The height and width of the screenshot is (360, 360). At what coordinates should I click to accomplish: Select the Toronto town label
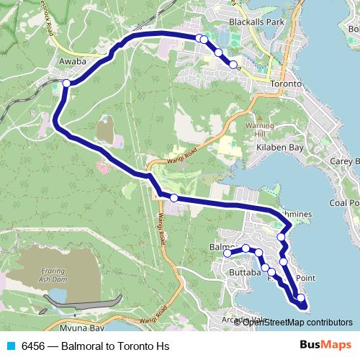pos(284,84)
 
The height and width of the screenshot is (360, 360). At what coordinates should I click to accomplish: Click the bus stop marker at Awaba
pos(66,84)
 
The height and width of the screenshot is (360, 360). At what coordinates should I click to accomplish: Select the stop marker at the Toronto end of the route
pos(233,65)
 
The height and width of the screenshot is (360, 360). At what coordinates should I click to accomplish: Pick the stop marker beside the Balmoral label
pos(227,253)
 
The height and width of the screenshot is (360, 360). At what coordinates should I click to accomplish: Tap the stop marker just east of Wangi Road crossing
pos(174,197)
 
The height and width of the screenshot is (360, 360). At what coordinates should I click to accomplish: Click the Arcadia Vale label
pos(245,320)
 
